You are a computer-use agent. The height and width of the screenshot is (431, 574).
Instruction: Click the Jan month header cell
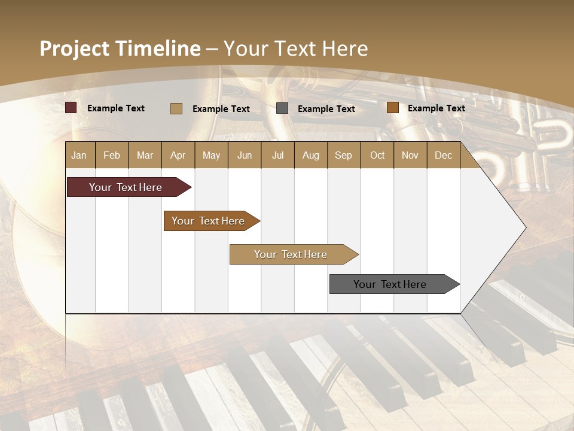(x=79, y=155)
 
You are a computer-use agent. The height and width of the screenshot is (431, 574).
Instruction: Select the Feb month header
(x=112, y=155)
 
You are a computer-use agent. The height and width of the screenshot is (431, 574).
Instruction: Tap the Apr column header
(x=178, y=155)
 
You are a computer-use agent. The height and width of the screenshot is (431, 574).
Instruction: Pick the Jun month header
(x=245, y=155)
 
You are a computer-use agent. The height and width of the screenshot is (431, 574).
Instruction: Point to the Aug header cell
(x=310, y=155)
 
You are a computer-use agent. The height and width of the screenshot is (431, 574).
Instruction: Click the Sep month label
(x=343, y=155)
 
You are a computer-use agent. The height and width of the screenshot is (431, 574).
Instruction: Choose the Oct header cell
(x=377, y=155)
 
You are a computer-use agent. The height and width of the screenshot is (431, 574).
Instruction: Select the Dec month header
(x=443, y=155)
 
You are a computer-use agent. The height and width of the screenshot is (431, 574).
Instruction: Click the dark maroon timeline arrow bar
(x=126, y=187)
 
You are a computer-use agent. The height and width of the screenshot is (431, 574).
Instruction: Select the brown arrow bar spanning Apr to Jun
(x=208, y=221)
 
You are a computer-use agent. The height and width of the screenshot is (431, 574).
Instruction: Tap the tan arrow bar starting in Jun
(x=291, y=254)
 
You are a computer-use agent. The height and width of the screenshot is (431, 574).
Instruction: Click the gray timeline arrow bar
(x=390, y=284)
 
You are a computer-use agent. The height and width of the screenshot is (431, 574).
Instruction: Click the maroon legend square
(x=71, y=108)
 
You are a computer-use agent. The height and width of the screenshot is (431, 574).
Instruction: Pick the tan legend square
(x=176, y=108)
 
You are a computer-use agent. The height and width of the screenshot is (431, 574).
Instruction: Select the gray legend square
(x=282, y=108)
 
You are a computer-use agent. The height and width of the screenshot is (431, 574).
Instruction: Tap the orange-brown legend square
(x=392, y=108)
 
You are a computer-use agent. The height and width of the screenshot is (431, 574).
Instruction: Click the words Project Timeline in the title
(x=120, y=48)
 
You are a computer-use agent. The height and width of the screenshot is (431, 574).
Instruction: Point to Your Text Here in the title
(x=296, y=48)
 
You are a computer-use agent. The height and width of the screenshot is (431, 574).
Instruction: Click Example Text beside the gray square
(x=326, y=108)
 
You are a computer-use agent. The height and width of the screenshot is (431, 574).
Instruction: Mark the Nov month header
(x=410, y=155)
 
